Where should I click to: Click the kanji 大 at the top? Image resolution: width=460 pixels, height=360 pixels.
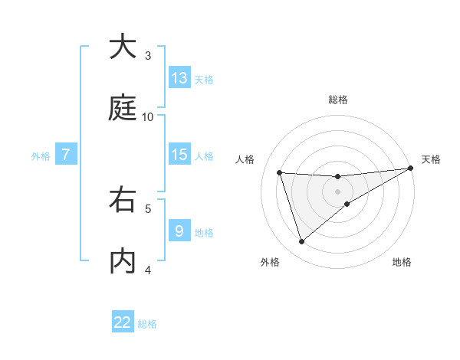[x=123, y=47]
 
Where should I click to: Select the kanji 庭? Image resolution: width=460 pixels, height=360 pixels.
[x=123, y=107]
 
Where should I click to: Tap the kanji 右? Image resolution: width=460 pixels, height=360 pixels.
[x=123, y=201]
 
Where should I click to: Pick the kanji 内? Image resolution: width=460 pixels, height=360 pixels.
[x=123, y=261]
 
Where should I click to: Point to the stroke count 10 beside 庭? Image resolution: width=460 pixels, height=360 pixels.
[x=148, y=116]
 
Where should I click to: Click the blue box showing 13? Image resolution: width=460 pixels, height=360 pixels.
[x=179, y=78]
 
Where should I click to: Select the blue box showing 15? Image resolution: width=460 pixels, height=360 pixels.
[x=179, y=155]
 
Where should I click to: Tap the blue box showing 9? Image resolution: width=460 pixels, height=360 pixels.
[x=179, y=231]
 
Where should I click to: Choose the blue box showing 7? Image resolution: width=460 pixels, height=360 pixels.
[x=66, y=155]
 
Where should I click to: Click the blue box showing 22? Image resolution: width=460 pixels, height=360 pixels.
[x=123, y=322]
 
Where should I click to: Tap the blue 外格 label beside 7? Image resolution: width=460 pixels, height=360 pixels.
[x=41, y=156]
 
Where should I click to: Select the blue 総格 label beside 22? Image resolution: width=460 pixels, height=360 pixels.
[x=147, y=324]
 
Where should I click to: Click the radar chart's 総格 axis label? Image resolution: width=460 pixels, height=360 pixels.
[x=338, y=100]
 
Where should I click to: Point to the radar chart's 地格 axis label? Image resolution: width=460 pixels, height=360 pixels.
[x=402, y=262]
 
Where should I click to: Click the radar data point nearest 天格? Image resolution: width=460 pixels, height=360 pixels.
[x=410, y=169]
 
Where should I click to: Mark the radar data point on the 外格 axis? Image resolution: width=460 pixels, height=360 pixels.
[x=301, y=242]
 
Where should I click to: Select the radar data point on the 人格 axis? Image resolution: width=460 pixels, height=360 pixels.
[x=280, y=172]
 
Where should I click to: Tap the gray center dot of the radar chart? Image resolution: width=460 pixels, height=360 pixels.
[x=338, y=191]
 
